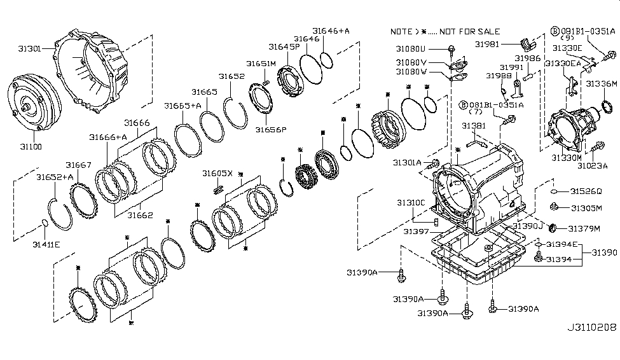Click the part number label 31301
[x=29, y=49]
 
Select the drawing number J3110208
[x=591, y=327]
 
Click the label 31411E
[x=46, y=244]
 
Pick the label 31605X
[x=217, y=173]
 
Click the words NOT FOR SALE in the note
[x=469, y=32]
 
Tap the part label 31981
[x=487, y=45]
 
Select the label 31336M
[x=602, y=83]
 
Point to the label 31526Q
[x=586, y=191]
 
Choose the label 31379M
[x=584, y=229]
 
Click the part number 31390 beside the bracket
[x=604, y=253]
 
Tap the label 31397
[x=416, y=232]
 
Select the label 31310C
[x=411, y=202]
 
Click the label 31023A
[x=592, y=166]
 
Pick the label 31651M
[x=261, y=64]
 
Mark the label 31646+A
[x=331, y=31]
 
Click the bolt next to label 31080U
[x=451, y=49]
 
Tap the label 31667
[x=78, y=165]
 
